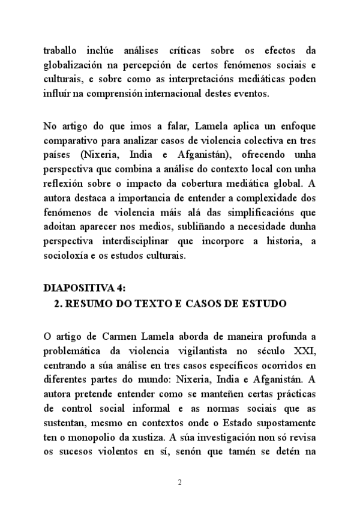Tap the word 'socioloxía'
point(66,241)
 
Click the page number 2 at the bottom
point(179,482)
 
